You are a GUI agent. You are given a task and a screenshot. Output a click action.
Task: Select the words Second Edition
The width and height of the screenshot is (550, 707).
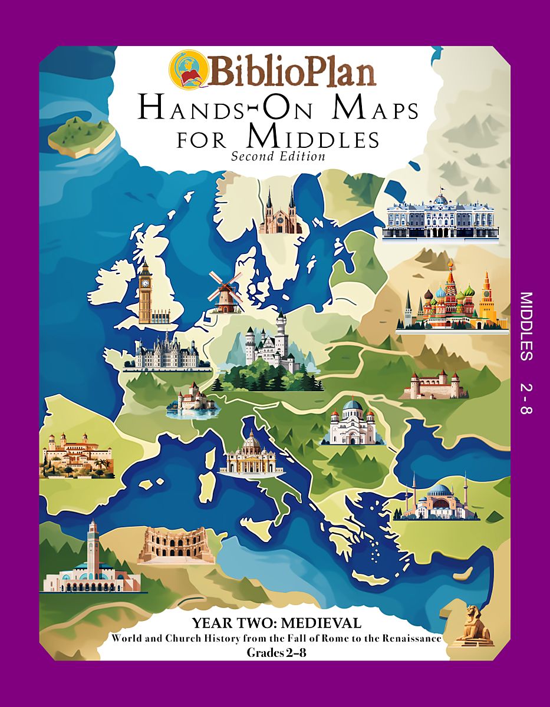pyautogui.click(x=278, y=156)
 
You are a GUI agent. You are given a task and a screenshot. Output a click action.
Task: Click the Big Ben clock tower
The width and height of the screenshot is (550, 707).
pyautogui.click(x=145, y=292)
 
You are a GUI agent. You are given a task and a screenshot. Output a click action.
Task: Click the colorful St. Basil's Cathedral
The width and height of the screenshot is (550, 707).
pyautogui.click(x=453, y=298)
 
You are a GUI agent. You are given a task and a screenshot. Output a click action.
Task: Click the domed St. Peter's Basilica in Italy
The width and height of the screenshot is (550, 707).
pyautogui.click(x=252, y=454)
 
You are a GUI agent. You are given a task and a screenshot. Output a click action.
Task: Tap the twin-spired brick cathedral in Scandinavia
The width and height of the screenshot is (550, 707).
pyautogui.click(x=280, y=212)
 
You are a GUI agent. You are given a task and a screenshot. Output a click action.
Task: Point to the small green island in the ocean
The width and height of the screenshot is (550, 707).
pyautogui.click(x=81, y=136)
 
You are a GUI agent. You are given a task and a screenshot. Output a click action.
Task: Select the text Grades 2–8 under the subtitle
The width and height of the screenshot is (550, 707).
pyautogui.click(x=276, y=652)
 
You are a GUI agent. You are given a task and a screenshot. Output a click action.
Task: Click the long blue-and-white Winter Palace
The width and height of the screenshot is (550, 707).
pyautogui.click(x=440, y=218)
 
